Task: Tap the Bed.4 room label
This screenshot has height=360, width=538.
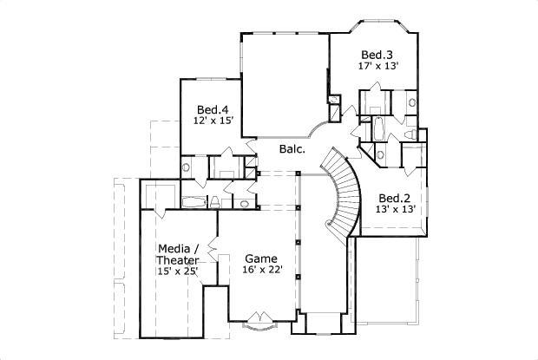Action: point(212,109)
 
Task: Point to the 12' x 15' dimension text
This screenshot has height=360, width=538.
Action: point(213,121)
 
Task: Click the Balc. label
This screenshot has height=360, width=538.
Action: point(292,149)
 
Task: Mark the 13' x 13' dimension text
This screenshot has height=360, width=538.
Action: point(396,209)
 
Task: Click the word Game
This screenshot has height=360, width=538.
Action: point(260,259)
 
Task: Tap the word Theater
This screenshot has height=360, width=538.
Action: point(179,260)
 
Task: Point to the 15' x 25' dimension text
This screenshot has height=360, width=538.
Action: point(178,272)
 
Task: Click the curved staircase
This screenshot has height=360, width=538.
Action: point(343,195)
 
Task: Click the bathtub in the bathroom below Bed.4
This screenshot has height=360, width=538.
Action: point(194,203)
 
